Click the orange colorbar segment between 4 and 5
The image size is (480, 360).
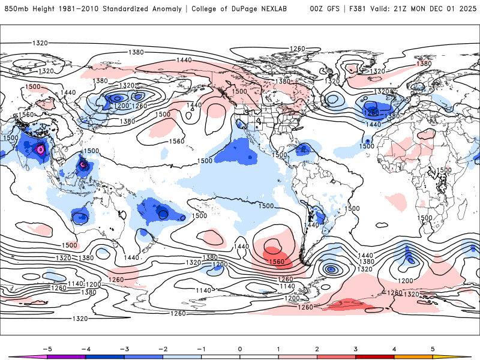[413, 357]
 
